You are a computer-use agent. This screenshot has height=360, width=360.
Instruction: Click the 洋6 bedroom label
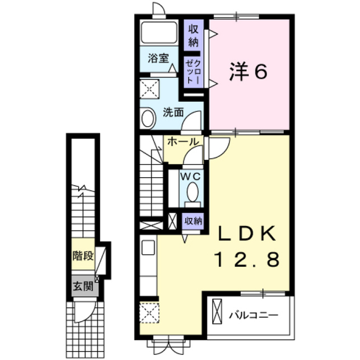(x=248, y=71)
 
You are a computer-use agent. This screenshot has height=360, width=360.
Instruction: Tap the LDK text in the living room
(x=247, y=233)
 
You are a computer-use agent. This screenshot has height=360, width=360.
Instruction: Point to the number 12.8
(x=247, y=259)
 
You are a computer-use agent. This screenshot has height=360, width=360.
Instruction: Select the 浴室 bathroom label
(x=159, y=58)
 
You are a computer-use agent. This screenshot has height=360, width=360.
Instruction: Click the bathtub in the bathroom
(x=159, y=32)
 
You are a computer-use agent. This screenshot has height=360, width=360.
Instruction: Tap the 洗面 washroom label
(x=173, y=112)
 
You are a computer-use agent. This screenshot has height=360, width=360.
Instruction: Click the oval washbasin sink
(x=148, y=118)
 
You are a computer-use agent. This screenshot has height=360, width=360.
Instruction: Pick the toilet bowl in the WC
(x=192, y=192)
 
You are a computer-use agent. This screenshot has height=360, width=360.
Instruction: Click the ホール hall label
(x=183, y=142)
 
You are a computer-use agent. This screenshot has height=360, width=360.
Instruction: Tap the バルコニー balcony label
(x=254, y=315)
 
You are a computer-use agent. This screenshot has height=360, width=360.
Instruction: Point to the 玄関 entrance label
(x=83, y=286)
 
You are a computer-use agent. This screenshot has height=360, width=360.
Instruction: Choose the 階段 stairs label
(x=83, y=256)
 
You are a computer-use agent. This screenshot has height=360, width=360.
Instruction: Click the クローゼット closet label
(x=193, y=71)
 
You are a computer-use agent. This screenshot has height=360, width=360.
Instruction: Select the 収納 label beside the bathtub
(x=193, y=35)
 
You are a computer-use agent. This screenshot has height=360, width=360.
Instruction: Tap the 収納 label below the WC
(x=193, y=221)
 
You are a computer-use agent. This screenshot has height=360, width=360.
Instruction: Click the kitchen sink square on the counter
(x=148, y=247)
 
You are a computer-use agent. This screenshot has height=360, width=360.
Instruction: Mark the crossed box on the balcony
(x=217, y=311)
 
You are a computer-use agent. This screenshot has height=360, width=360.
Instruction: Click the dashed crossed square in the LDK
(x=150, y=313)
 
